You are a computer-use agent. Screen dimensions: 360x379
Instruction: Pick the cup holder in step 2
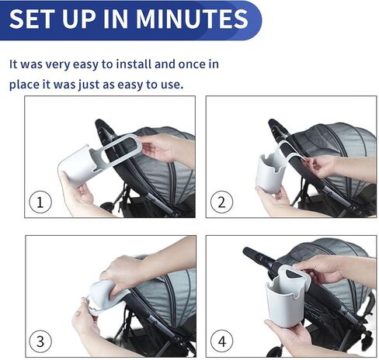(270, 171)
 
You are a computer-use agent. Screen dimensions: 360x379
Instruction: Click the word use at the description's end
(171, 83)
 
